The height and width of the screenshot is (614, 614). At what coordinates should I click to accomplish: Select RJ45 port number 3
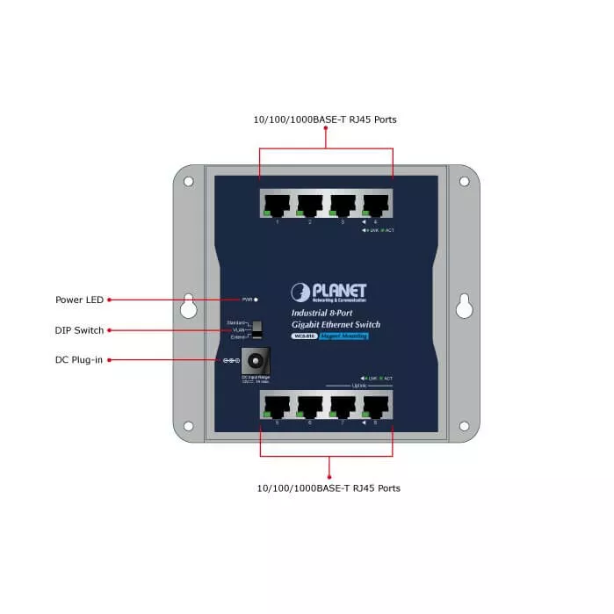[343, 205]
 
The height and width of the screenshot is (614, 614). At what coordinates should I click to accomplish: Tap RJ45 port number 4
[375, 205]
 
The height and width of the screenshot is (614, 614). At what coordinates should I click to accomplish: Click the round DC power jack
[256, 360]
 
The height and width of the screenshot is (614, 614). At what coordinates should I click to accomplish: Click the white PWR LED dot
[256, 300]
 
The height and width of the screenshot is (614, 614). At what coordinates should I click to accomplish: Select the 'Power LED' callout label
[80, 300]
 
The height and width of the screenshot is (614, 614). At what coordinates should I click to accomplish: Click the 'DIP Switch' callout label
[79, 330]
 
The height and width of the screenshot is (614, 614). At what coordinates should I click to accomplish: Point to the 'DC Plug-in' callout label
[79, 360]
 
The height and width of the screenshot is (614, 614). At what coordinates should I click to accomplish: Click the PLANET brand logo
[329, 293]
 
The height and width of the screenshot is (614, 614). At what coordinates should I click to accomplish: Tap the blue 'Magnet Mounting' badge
[343, 336]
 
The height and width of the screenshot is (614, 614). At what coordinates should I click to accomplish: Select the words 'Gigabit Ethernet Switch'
[336, 324]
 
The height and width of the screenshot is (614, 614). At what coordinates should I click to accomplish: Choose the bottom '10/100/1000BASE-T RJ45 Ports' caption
[329, 488]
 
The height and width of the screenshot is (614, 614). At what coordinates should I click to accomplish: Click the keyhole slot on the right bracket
[464, 307]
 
